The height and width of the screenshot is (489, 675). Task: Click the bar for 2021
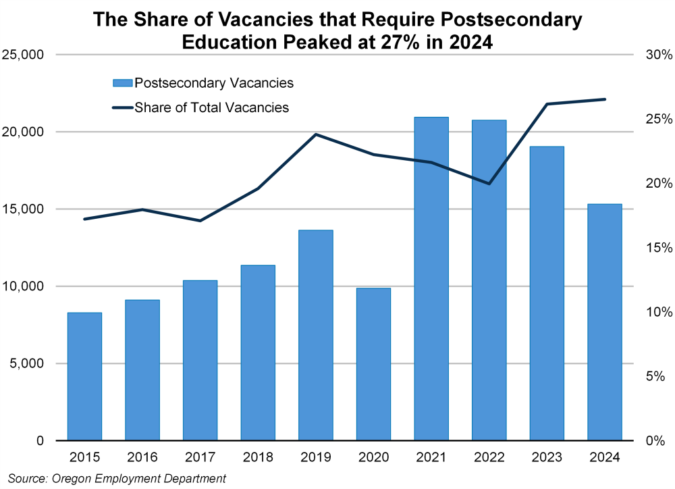coord(431,278)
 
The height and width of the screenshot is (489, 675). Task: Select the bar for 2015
coord(84,376)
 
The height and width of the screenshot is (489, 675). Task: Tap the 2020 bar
coord(373,364)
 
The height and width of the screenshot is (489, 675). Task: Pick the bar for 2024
coord(605,322)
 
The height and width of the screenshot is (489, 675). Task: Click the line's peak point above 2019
coord(316,134)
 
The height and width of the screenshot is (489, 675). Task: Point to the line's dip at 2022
coord(489,184)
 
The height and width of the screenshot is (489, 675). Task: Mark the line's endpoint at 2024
coord(605,99)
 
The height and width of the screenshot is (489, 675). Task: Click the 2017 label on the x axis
coord(200,458)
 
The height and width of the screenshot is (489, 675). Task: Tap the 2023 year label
coord(547,458)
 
